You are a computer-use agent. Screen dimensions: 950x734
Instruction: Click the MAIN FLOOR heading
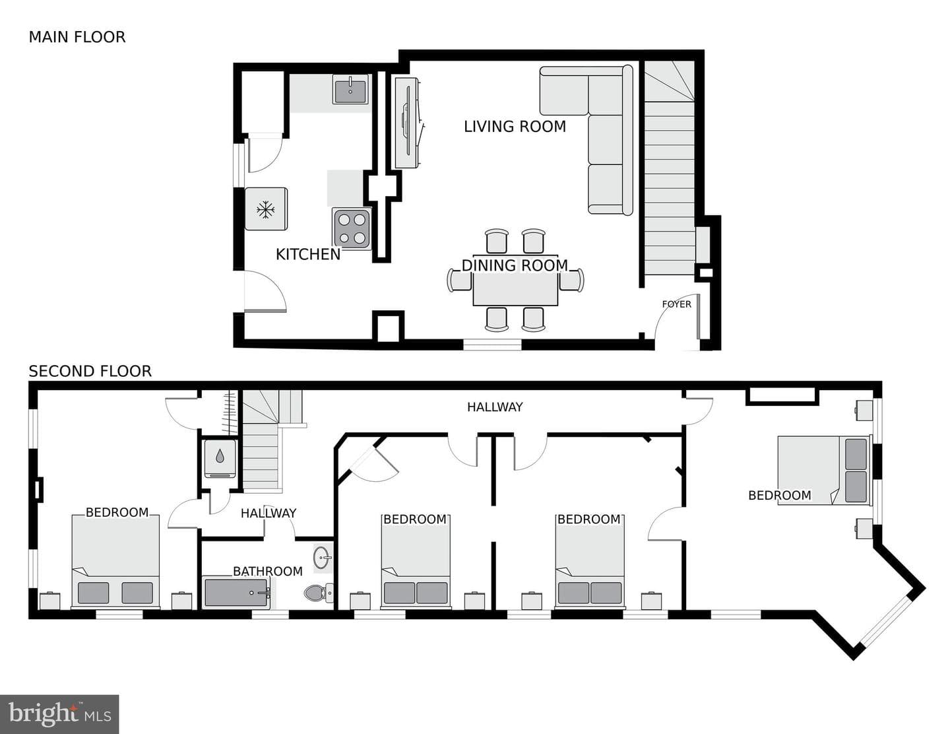coord(77,37)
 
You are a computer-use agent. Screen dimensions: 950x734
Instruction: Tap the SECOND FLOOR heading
coord(90,372)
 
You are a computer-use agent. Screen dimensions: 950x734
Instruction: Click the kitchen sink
coord(350,89)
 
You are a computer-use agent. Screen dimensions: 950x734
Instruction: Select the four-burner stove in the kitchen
coord(352,228)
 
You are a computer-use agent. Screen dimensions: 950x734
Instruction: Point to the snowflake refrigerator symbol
coord(265,209)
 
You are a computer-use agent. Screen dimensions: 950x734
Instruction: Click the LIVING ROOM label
coord(515,127)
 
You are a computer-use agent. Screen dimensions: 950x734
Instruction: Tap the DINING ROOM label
coord(515,265)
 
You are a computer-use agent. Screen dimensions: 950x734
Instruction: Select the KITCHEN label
coord(308,254)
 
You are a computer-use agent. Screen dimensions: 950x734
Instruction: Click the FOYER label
coord(676,304)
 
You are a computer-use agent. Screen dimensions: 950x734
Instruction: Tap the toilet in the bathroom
coord(319,593)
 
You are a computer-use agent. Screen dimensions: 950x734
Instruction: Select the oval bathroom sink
coord(322,558)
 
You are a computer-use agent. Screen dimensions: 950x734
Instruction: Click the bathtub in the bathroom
coord(237,593)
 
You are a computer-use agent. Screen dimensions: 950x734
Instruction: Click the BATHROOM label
coord(268,571)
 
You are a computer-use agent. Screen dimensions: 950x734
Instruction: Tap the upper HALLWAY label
coord(494,407)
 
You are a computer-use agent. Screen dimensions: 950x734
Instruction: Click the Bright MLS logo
coord(59,714)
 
